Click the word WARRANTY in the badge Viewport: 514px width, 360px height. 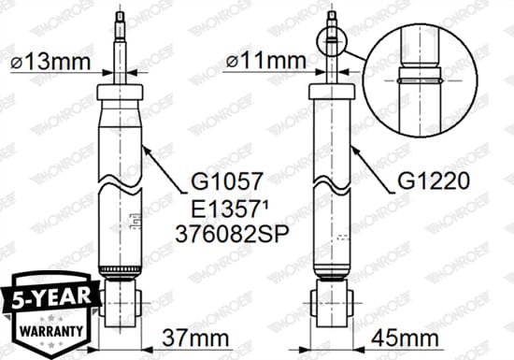coord(48,331)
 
